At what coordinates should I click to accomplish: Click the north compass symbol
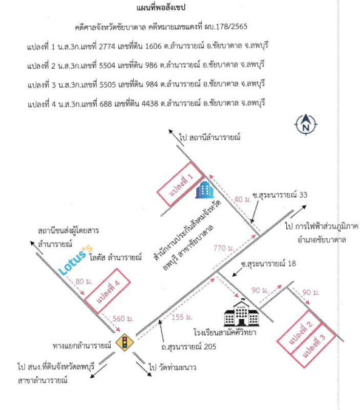coord(306,125)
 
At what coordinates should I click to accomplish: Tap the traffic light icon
coord(124,342)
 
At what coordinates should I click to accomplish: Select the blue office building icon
coord(205,190)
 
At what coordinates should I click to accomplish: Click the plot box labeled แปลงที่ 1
coord(180,183)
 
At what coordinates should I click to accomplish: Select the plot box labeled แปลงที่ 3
coord(313,345)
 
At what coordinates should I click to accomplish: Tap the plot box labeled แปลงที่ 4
coord(108,291)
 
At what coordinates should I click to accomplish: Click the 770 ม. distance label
coord(224,248)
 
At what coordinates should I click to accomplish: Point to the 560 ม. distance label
coord(123,318)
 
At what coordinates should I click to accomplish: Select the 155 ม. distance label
coord(182,317)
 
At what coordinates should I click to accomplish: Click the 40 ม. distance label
coord(242,199)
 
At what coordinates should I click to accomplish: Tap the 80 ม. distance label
coord(84,281)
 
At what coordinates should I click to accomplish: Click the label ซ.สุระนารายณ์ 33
coord(280,195)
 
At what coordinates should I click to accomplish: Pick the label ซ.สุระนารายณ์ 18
coord(268,263)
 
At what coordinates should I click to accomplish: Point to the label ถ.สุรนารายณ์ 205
coord(188,347)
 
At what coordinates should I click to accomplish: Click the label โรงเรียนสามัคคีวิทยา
coord(225,332)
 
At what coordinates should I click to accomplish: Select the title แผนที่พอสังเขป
coord(161,8)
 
